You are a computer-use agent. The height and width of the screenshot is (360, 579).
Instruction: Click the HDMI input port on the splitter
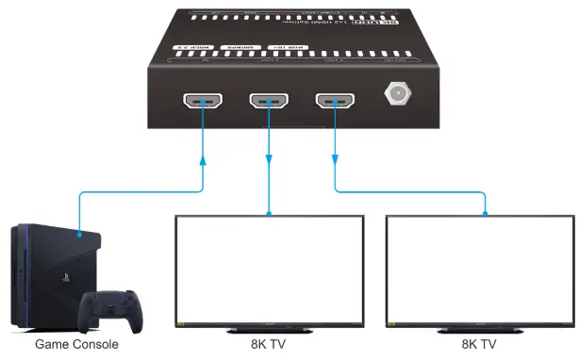203,101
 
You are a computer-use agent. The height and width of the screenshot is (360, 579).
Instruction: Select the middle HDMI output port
269,101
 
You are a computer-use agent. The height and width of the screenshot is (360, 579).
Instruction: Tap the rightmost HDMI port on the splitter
336,101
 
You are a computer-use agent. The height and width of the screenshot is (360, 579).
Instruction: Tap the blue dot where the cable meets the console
79,235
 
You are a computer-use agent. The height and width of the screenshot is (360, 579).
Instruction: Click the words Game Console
76,345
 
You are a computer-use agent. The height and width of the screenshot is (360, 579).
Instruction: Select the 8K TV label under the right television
481,345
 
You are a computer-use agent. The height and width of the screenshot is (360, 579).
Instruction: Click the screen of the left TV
271,269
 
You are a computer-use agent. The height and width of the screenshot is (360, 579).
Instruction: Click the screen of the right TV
482,269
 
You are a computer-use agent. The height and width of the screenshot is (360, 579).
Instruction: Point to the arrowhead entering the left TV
270,211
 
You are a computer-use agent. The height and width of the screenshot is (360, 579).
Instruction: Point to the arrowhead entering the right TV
485,211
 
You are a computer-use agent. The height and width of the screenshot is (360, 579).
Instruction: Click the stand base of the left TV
271,330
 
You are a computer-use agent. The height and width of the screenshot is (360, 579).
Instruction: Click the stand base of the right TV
482,330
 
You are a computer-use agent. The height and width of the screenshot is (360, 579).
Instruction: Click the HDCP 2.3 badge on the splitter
189,46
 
